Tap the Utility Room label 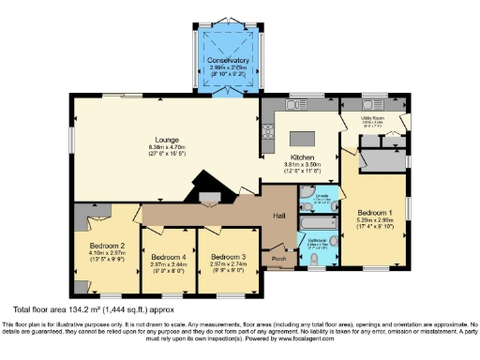tap(373, 118)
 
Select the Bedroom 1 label tap(373, 213)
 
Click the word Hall tap(278, 216)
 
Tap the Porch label tap(277, 258)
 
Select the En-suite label tap(308, 198)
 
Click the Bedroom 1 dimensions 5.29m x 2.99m tap(373, 220)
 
